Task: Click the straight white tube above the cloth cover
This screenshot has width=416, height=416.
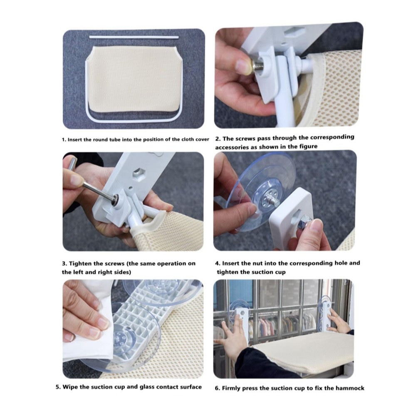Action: tap(134, 37)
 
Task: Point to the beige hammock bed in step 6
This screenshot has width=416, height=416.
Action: tap(302, 350)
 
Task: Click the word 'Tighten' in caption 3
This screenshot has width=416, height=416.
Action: tap(81, 264)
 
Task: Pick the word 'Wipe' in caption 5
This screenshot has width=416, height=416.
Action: tap(70, 387)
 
